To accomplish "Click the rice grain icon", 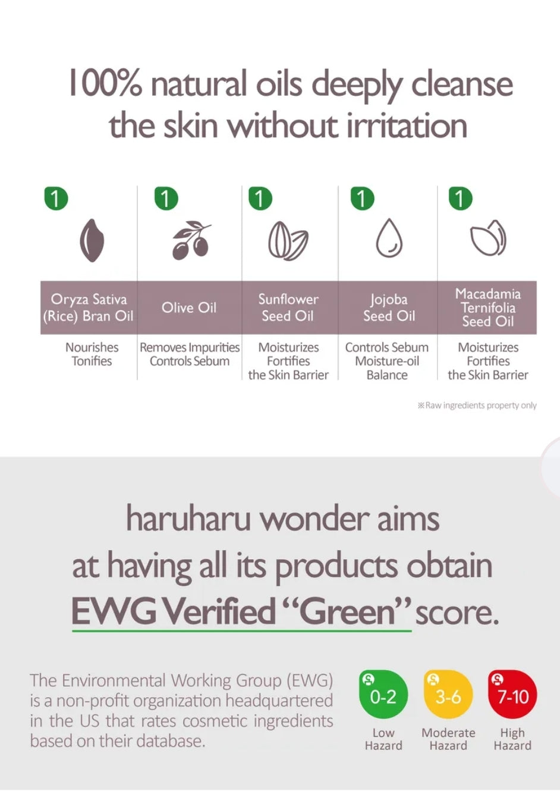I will pyautogui.click(x=92, y=240).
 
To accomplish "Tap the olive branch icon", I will pyautogui.click(x=191, y=240).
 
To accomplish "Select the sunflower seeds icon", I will pyautogui.click(x=288, y=241).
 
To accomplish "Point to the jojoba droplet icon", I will pyautogui.click(x=389, y=238).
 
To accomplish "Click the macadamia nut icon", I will pyautogui.click(x=488, y=238).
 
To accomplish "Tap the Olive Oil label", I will pyautogui.click(x=189, y=307).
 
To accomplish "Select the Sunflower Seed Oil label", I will pyautogui.click(x=288, y=307).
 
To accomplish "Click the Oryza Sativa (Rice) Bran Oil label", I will pyautogui.click(x=89, y=307).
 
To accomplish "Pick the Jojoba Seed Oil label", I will pyautogui.click(x=389, y=307).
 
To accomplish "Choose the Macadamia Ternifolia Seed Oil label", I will pyautogui.click(x=488, y=307).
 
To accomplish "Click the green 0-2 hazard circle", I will pyautogui.click(x=383, y=695).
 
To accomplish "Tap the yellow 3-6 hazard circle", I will pyautogui.click(x=448, y=695).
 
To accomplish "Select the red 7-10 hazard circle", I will pyautogui.click(x=512, y=695).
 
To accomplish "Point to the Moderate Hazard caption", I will pyautogui.click(x=448, y=739).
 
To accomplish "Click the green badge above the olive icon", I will pyautogui.click(x=166, y=198).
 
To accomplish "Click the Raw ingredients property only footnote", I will pyautogui.click(x=477, y=406).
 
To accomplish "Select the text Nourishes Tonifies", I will pyautogui.click(x=92, y=354).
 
